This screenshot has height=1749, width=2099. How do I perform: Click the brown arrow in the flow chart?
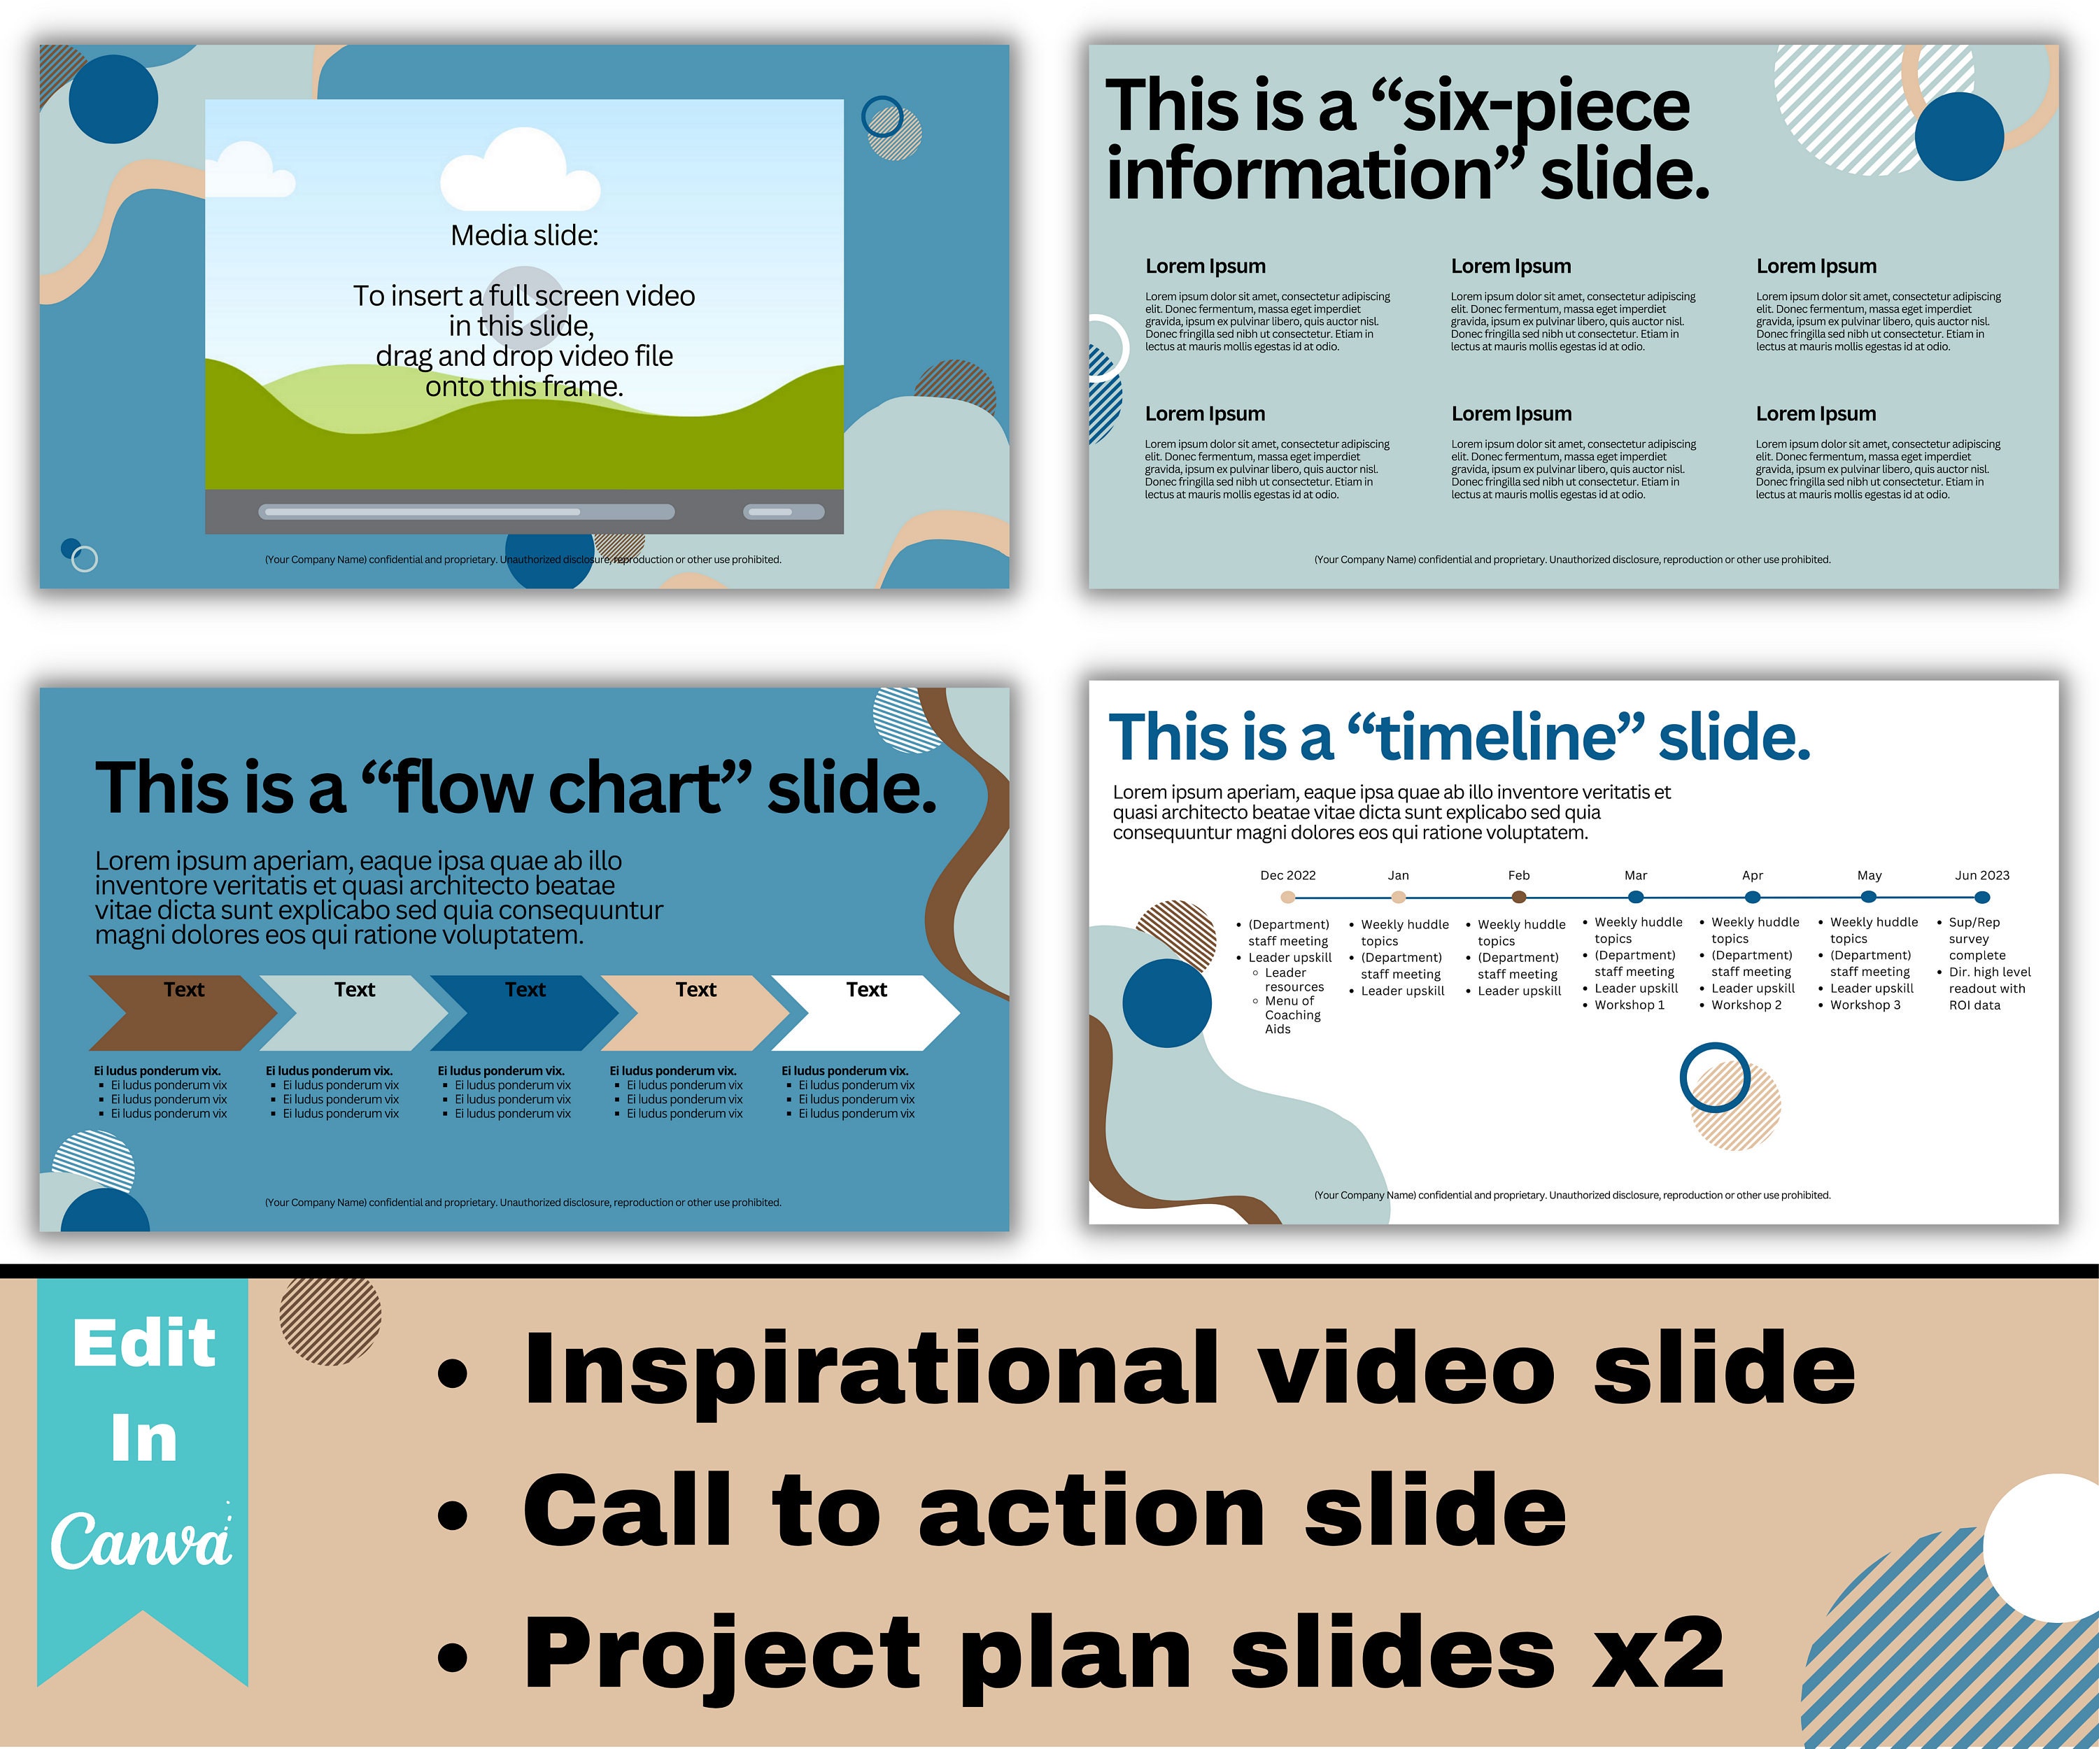180,1012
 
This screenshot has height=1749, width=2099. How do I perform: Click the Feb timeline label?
1518,875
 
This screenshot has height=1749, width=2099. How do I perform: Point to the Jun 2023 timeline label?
1981,875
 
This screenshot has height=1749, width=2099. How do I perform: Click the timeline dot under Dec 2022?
1287,898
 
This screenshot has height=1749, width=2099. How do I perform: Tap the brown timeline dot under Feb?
1518,898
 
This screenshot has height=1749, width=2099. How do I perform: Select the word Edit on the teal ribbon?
144,1343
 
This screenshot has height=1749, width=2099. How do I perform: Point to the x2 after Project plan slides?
1659,1654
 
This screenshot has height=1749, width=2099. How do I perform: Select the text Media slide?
524,236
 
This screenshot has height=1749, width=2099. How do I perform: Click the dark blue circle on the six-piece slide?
1959,137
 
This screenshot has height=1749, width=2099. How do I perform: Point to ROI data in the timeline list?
1974,1005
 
